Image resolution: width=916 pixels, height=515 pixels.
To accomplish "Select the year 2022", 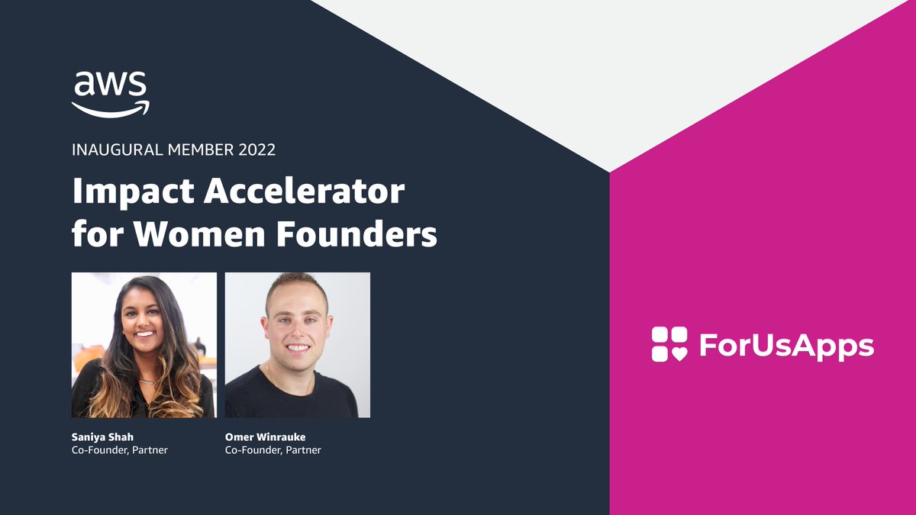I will (x=256, y=150).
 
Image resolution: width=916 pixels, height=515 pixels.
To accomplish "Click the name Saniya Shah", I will (x=102, y=437).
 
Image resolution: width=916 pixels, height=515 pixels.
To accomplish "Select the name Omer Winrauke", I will (x=265, y=437).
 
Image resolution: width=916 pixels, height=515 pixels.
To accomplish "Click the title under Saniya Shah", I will (x=119, y=450).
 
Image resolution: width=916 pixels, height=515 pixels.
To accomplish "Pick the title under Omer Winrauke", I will (x=273, y=450).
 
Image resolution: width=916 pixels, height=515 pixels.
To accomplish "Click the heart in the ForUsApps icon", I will (x=678, y=353).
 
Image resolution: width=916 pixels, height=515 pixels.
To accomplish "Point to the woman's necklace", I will (x=147, y=379).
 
